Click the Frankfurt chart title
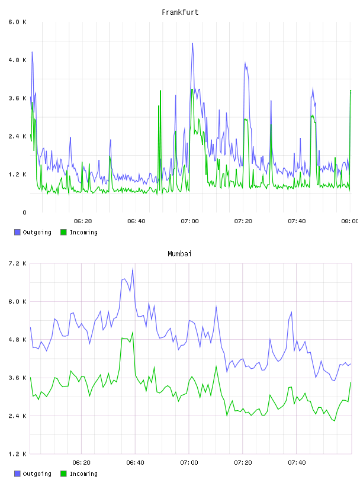point(180,12)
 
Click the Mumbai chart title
point(179,254)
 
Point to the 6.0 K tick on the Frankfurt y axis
point(17,22)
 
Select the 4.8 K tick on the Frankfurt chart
point(17,60)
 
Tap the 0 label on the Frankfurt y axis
point(24,212)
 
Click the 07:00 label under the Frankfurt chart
point(189,221)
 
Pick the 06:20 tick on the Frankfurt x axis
point(83,221)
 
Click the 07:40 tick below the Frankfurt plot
point(297,221)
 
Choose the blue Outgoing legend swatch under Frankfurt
point(17,232)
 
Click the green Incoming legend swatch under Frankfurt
point(63,232)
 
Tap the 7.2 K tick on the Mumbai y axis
point(17,263)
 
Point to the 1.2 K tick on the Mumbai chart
point(17,454)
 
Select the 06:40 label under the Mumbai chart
point(135,463)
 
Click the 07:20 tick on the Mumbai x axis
point(243,463)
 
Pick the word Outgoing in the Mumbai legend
point(37,474)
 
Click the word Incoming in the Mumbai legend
point(83,474)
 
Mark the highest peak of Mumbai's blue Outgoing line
point(133,269)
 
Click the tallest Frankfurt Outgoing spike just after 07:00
point(192,43)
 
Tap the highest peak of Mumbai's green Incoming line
point(133,332)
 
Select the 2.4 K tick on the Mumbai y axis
point(17,416)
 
